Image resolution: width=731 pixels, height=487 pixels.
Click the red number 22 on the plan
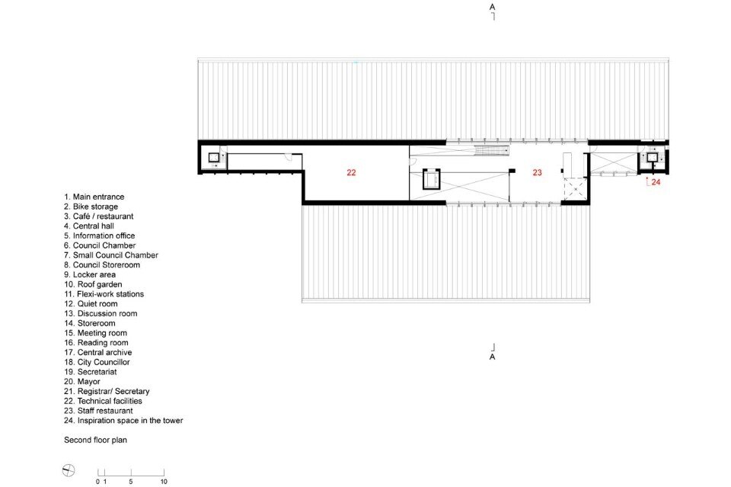pos(351,172)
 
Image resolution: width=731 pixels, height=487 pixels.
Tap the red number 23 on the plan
pos(537,172)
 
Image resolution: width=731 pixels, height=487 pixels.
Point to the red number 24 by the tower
pos(656,182)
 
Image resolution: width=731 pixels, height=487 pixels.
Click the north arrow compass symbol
pos(69,470)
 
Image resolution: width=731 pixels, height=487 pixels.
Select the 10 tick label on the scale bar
pos(164,482)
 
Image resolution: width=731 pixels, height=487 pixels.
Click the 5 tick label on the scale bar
pos(130,482)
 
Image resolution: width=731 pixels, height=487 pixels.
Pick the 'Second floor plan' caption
pos(96,440)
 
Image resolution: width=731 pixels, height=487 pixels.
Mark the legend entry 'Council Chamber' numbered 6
pos(100,245)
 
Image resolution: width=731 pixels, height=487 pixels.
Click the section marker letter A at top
pos(493,7)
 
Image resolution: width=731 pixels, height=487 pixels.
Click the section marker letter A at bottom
pos(493,357)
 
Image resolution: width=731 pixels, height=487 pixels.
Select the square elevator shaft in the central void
pos(431,179)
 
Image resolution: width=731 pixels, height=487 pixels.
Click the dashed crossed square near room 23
pos(576,189)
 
